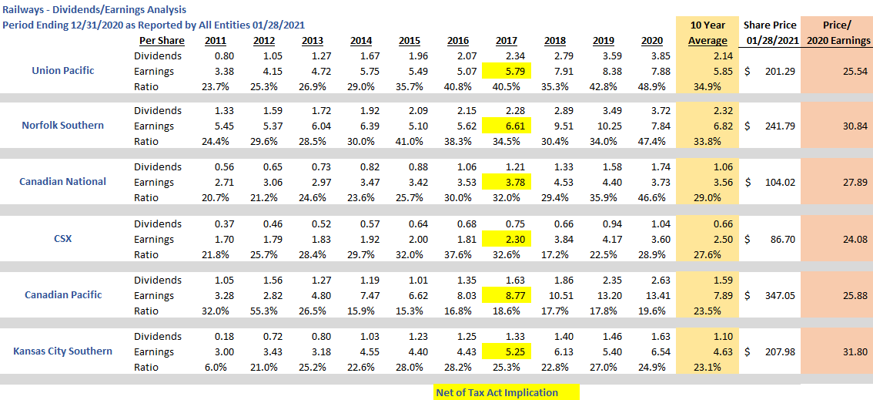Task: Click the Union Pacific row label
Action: tap(62, 71)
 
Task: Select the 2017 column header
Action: tap(506, 40)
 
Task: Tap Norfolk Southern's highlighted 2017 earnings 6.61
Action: tap(506, 126)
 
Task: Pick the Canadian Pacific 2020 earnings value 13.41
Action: tap(661, 295)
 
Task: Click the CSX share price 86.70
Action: tap(775, 239)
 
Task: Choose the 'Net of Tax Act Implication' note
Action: tap(497, 392)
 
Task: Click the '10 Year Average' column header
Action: tap(707, 33)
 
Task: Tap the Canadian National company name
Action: tap(64, 182)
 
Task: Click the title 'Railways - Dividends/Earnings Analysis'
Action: tap(94, 9)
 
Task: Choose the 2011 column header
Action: tap(216, 40)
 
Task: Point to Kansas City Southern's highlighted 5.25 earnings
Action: tap(506, 351)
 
